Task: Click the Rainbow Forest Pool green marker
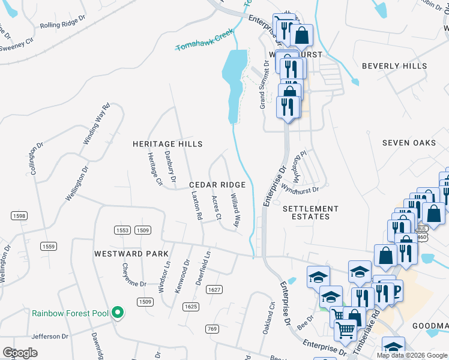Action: [118, 313]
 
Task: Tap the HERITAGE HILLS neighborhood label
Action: [167, 144]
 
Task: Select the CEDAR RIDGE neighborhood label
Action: [217, 185]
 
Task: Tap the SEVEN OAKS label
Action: [409, 143]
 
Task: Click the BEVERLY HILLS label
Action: [395, 66]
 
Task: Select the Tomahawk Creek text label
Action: [204, 41]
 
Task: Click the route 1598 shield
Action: [19, 215]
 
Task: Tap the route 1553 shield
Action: [122, 230]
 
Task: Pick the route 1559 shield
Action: [49, 246]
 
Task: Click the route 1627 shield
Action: [214, 290]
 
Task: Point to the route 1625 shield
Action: [191, 307]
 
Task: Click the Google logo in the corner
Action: [20, 353]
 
